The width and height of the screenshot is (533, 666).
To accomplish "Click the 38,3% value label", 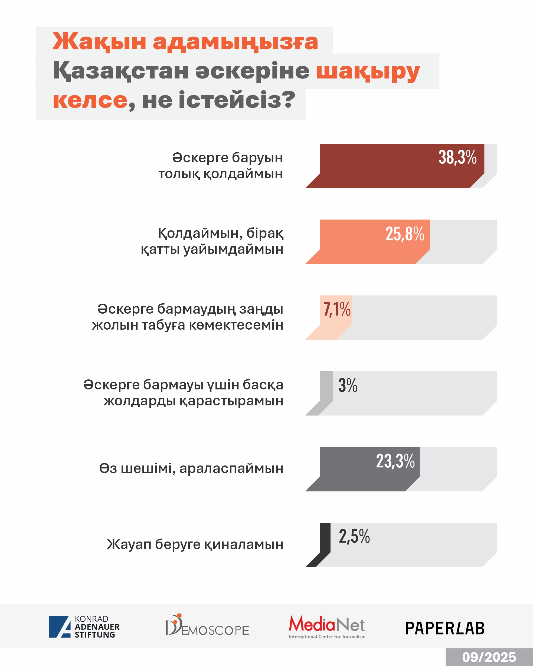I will coord(457,157).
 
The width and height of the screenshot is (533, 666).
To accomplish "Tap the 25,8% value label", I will coord(404,234).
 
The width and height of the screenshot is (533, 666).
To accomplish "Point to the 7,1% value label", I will coord(337,309).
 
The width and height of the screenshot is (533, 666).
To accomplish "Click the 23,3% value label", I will coord(395,461).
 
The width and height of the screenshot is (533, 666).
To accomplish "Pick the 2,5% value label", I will coord(354,537).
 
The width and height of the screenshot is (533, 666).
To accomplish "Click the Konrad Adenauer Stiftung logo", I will coord(84,627).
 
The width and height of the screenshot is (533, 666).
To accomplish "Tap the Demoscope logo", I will coord(207,625).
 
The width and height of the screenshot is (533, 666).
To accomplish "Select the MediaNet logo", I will coord(327,627).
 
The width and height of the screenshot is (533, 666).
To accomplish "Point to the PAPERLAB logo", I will coord(445,628).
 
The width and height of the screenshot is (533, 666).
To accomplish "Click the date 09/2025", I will coord(489,657).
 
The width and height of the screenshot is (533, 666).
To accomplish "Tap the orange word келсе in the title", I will coord(90,100).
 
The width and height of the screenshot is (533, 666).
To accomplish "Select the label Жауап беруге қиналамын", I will coord(195,544).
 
